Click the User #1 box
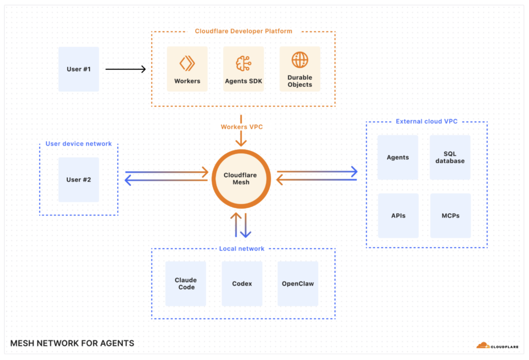[x=79, y=69]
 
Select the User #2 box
[x=79, y=180]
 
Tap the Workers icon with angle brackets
[x=187, y=62]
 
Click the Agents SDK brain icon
[x=243, y=62]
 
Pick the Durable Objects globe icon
[x=300, y=60]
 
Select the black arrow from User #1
[x=126, y=69]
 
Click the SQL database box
[x=450, y=158]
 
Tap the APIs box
[x=398, y=215]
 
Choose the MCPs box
[x=450, y=215]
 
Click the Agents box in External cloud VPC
[x=398, y=158]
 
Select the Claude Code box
[x=186, y=284]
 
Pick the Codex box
[x=242, y=284]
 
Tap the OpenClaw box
[x=298, y=284]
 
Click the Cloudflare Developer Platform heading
[x=243, y=31]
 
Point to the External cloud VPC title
[x=427, y=121]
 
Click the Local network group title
[x=242, y=248]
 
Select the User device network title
[x=79, y=144]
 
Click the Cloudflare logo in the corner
[x=496, y=345]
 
